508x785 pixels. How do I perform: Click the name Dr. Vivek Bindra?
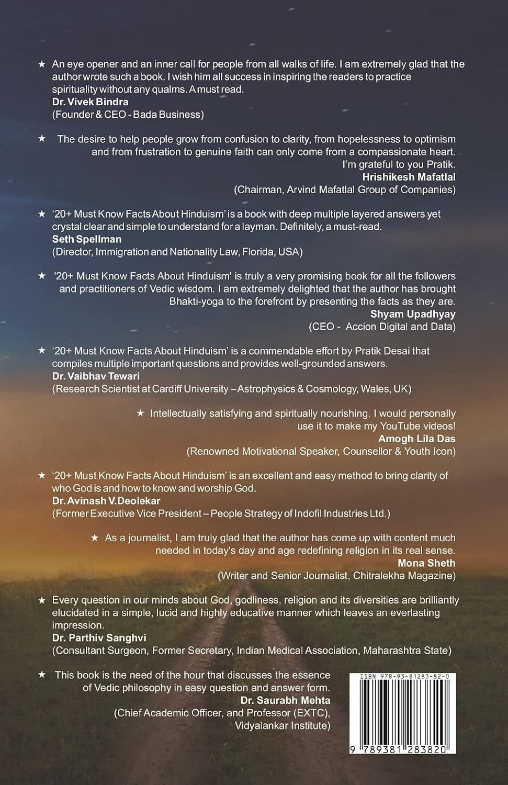click(x=90, y=102)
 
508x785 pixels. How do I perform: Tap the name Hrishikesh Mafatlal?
click(x=409, y=177)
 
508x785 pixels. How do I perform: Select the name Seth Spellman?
click(x=87, y=239)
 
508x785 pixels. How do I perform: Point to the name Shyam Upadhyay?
click(x=413, y=314)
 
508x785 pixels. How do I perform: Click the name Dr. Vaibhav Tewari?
click(x=96, y=376)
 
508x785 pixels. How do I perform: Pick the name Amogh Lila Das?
click(x=416, y=439)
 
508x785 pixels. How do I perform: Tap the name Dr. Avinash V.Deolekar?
click(x=106, y=501)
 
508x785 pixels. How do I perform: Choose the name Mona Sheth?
click(x=426, y=563)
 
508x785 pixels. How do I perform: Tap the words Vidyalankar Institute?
click(x=283, y=725)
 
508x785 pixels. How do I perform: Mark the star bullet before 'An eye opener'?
click(x=42, y=64)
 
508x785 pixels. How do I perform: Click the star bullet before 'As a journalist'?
click(x=95, y=538)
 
